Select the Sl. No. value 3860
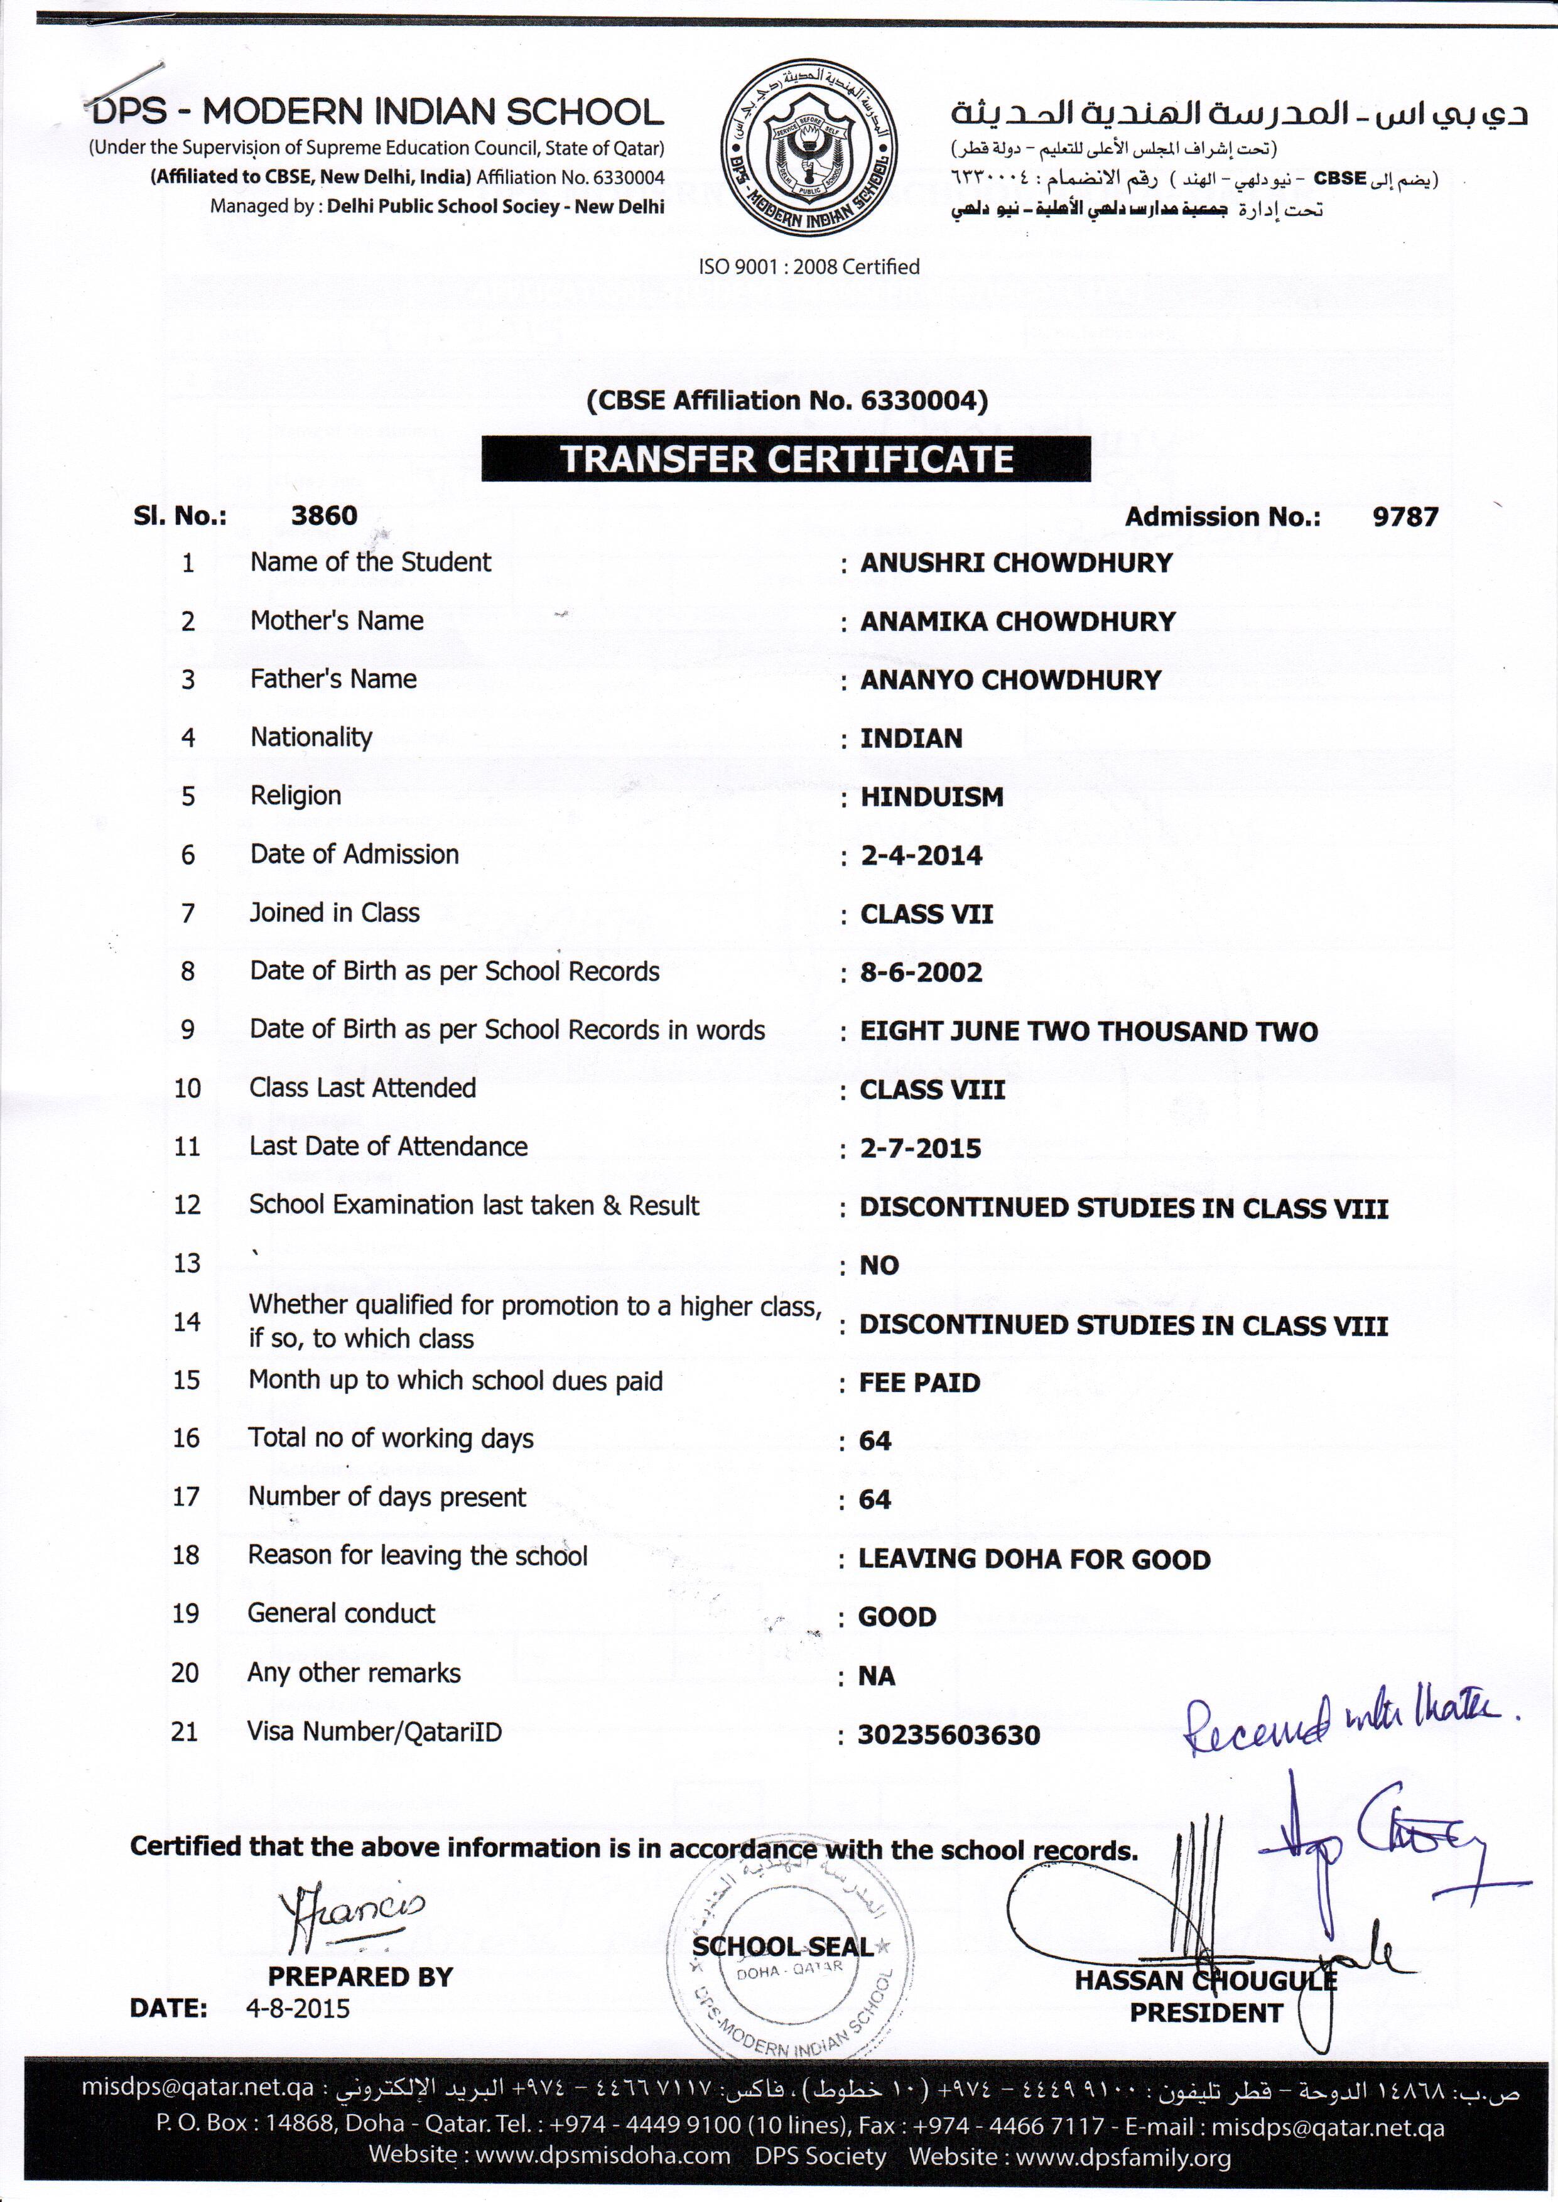click(323, 516)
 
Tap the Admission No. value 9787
click(1405, 517)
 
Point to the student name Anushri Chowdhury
click(1016, 563)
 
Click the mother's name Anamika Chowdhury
click(1017, 622)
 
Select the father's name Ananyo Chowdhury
click(1010, 680)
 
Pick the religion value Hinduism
click(931, 797)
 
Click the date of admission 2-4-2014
click(921, 855)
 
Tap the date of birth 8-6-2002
click(921, 973)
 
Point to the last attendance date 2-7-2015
click(920, 1148)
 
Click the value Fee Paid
click(919, 1383)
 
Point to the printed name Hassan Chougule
click(1205, 1980)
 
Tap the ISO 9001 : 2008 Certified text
click(809, 267)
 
